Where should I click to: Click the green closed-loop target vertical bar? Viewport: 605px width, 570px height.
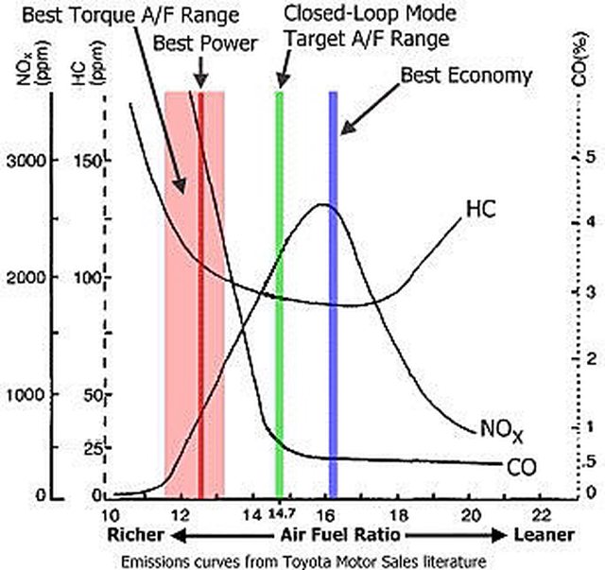tap(279, 284)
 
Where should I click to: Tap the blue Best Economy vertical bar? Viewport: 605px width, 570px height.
tap(333, 284)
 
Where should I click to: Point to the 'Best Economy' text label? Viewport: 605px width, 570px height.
tap(467, 75)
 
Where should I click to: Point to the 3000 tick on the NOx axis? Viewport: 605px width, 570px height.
tap(26, 162)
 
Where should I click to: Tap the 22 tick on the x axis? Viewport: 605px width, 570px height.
tap(541, 514)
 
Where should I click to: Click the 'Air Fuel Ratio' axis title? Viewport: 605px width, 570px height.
tap(324, 535)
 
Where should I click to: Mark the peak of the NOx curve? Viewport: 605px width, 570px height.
tap(324, 204)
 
